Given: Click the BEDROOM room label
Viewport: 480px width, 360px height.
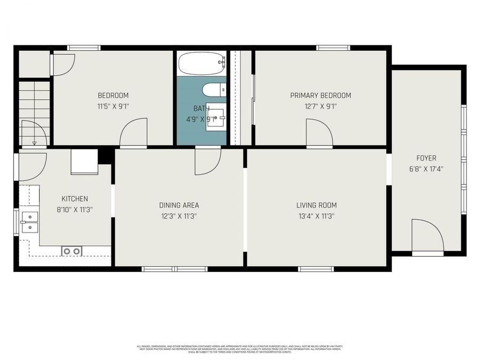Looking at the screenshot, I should tap(113, 95).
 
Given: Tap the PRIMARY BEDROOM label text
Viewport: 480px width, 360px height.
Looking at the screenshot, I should tap(321, 95).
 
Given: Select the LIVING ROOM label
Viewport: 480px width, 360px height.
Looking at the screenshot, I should tap(316, 205).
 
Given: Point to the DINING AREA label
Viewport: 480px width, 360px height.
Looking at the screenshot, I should tap(179, 205).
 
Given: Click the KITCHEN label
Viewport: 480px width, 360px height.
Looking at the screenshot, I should tap(75, 199).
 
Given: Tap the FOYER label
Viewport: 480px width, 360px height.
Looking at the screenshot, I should tap(426, 158).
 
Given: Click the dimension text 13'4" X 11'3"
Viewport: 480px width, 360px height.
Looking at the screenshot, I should tap(316, 217).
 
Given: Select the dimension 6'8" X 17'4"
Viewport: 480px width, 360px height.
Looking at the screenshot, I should tap(426, 169).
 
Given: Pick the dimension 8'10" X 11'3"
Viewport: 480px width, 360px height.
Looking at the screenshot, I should tap(75, 210).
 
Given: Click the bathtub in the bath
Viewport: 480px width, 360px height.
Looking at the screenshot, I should tap(201, 64).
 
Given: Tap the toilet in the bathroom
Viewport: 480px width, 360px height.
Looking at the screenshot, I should tap(215, 90).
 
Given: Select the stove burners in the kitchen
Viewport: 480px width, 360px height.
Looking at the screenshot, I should tap(71, 251).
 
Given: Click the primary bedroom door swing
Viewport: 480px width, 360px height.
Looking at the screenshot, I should tap(319, 133).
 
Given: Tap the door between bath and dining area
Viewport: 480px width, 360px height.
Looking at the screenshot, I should tap(207, 161).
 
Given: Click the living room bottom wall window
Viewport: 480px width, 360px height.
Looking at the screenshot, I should tap(316, 269).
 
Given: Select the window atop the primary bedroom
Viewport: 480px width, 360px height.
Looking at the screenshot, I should tap(333, 48).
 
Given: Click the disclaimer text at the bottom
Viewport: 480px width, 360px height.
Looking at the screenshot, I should tap(239, 349).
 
